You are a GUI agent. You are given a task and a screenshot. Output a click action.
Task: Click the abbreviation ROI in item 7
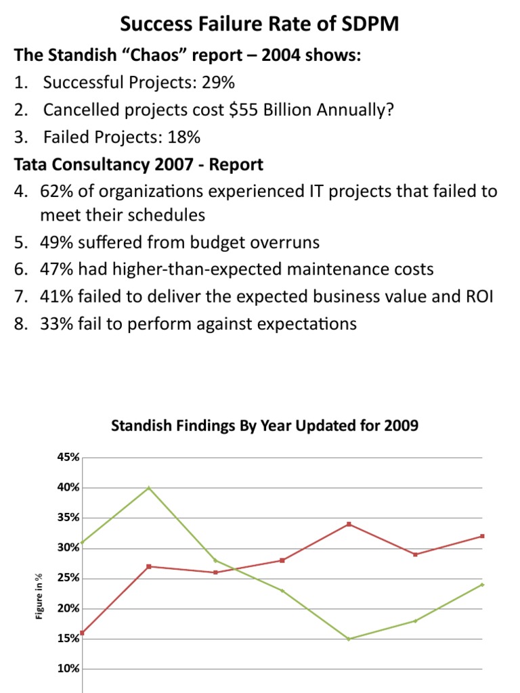point(481,296)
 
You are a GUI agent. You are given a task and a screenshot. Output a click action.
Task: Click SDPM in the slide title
point(366,25)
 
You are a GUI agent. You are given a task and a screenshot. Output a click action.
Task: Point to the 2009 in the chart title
point(402,426)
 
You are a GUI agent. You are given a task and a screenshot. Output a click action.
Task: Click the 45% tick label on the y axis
point(68,457)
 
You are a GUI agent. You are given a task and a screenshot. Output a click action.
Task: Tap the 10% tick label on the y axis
point(68,669)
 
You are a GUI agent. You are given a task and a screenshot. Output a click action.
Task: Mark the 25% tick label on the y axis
point(68,579)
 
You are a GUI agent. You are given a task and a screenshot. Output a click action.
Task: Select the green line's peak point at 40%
point(149,487)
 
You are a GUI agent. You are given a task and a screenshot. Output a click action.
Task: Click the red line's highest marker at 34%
point(349,524)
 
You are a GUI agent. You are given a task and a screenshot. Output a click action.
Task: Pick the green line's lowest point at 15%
point(349,639)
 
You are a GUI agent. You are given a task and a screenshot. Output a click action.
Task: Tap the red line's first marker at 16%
point(83,633)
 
